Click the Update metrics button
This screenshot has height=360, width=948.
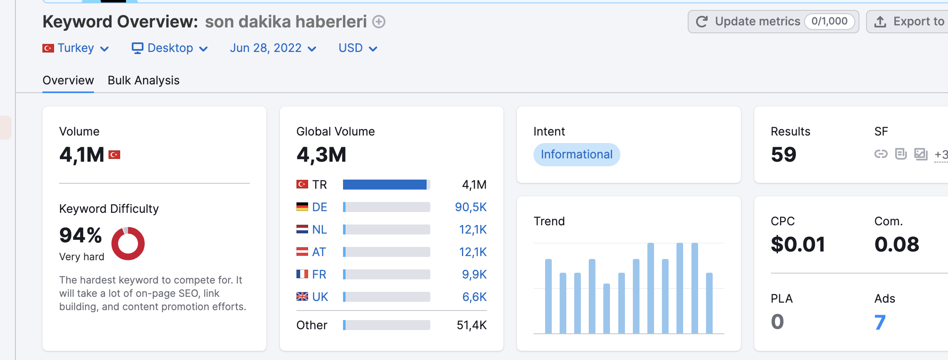pos(773,22)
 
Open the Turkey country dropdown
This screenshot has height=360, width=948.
pos(76,48)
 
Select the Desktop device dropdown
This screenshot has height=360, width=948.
pos(170,48)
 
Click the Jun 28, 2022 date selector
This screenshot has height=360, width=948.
pos(273,48)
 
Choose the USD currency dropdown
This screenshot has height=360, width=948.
pos(358,48)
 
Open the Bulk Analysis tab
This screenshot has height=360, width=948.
pos(143,80)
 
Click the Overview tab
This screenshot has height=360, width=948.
pos(68,80)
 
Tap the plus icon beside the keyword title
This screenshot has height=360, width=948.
pos(379,22)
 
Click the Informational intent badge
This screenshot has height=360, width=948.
pos(577,155)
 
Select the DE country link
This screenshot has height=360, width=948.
pos(319,207)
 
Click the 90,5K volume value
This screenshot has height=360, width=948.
pos(471,207)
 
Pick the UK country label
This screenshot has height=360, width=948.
pos(320,297)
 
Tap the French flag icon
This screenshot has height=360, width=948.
pos(302,274)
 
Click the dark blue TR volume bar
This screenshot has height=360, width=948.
pos(385,185)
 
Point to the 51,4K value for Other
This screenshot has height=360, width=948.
pos(472,325)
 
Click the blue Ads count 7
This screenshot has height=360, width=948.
pos(880,322)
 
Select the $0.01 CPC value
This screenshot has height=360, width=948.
pos(798,244)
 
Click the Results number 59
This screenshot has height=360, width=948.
pos(784,155)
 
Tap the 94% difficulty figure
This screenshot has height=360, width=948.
pos(81,235)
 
